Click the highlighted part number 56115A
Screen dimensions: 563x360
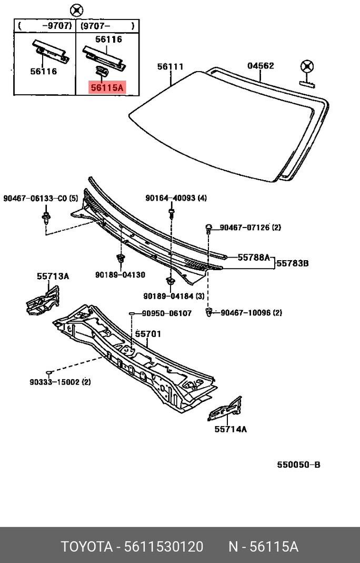pos(106,88)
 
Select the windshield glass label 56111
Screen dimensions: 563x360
pos(171,67)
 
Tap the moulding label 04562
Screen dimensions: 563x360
pos(261,66)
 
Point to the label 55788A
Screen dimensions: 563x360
pos(253,258)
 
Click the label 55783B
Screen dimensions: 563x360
pos(293,262)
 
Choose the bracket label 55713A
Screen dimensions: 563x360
pos(53,276)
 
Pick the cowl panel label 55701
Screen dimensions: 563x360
pos(148,334)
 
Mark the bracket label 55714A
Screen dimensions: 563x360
pos(230,429)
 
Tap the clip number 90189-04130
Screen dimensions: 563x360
pos(120,275)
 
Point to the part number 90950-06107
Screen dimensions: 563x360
pos(167,313)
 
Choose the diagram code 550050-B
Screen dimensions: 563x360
pos(299,465)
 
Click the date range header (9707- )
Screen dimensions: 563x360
pos(107,25)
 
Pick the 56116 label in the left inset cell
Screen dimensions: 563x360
pos(43,72)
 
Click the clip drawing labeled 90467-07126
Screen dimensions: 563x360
pos(209,228)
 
